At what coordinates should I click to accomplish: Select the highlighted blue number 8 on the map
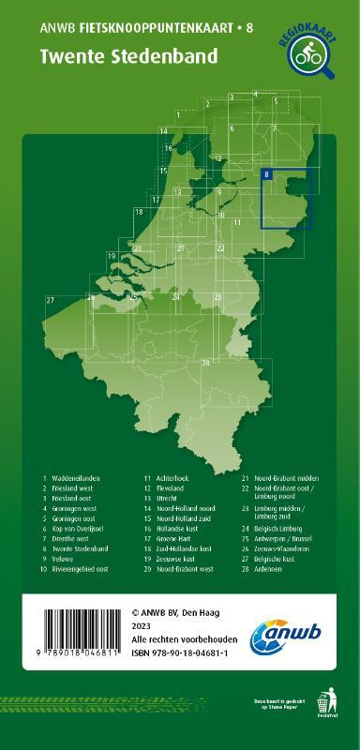point(267,174)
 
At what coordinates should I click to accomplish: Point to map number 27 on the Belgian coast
point(49,299)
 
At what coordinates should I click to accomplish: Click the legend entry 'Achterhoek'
point(174,478)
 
